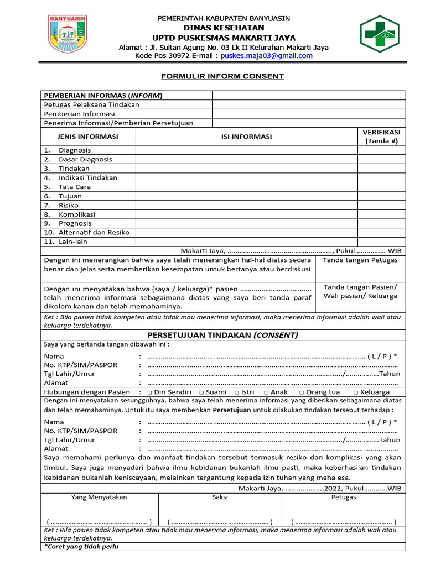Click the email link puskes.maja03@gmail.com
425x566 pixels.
[266, 56]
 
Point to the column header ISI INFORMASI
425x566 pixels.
[247, 137]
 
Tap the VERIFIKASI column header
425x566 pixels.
[381, 137]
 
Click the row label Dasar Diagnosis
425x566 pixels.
[85, 159]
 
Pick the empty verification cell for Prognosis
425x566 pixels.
[381, 223]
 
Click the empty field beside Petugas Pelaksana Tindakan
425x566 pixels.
[309, 104]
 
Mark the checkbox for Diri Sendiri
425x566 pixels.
[151, 392]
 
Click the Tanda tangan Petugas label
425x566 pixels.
[360, 260]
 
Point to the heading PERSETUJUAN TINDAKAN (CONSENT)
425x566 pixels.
[222, 335]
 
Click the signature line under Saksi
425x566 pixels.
[220, 521]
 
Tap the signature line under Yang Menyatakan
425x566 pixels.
[99, 521]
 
